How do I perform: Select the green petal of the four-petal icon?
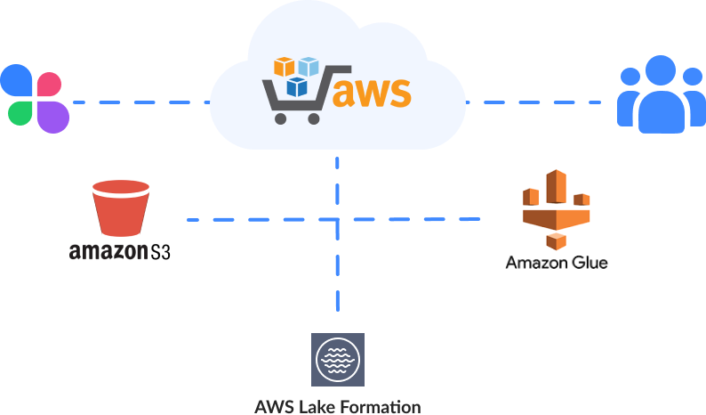pos(20,112)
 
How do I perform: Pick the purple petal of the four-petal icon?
pos(52,115)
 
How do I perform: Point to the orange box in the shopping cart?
pos(284,68)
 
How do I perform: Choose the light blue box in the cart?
pos(309,67)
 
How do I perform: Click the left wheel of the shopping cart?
pos(283,117)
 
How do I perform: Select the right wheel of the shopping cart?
pos(313,117)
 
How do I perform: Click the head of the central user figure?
pos(661,72)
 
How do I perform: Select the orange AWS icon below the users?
pos(556,208)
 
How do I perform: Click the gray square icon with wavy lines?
pos(337,359)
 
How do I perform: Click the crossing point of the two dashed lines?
pos(338,219)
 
